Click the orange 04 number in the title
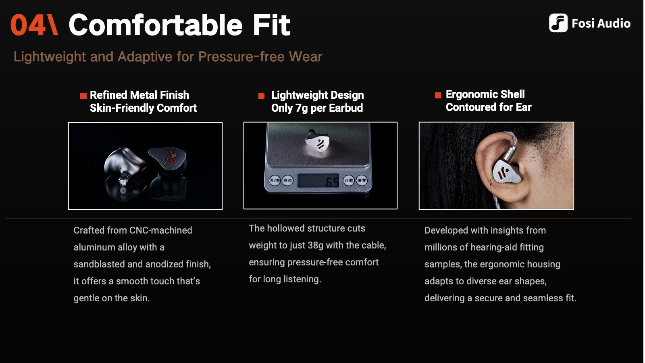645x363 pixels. (x=28, y=25)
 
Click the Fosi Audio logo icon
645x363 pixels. (x=558, y=23)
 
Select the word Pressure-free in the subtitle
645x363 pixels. (x=241, y=56)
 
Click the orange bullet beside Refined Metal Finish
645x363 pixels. (x=83, y=96)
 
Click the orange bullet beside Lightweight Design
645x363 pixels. (x=261, y=96)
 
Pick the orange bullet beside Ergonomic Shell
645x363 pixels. (x=438, y=95)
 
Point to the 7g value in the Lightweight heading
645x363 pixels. (x=302, y=108)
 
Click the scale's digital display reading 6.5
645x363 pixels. (x=318, y=181)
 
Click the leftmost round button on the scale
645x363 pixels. (x=275, y=180)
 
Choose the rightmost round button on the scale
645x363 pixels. (x=361, y=180)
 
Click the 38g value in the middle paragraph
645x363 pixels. (x=315, y=245)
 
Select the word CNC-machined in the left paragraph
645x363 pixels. (x=161, y=230)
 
